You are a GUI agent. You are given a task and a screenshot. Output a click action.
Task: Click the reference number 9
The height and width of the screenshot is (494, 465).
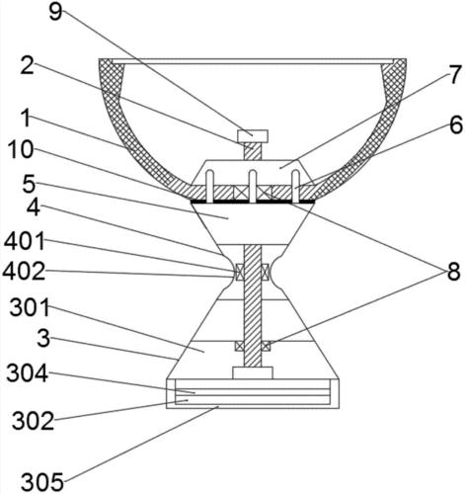click(x=56, y=13)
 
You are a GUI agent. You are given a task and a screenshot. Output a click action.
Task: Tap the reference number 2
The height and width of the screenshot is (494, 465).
click(x=27, y=65)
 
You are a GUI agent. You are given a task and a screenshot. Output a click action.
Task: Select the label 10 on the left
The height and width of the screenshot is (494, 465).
click(x=21, y=150)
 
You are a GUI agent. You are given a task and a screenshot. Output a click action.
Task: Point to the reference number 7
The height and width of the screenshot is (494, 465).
click(x=455, y=75)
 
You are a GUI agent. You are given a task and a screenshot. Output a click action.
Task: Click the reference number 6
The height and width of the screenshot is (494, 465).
click(x=456, y=125)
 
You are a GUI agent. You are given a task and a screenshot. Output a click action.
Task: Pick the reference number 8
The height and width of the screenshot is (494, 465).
click(x=453, y=273)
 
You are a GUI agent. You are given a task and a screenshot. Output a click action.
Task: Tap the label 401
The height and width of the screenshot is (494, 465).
click(x=25, y=241)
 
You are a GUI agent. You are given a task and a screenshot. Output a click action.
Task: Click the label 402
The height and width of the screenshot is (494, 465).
click(x=24, y=273)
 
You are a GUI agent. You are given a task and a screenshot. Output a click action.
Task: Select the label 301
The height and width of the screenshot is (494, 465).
click(x=30, y=307)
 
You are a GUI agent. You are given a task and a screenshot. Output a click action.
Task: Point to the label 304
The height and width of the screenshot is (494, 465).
click(x=28, y=373)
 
